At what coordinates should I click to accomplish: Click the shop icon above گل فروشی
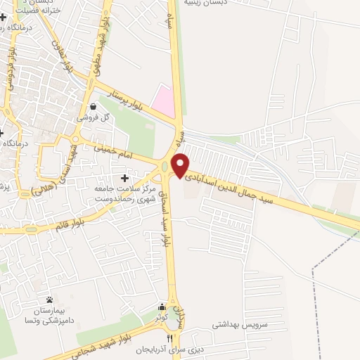coord(93,106)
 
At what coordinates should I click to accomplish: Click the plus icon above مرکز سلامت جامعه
coord(125,179)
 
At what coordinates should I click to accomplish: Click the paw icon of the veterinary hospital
coord(49,300)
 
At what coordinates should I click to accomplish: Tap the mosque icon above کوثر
coord(162,307)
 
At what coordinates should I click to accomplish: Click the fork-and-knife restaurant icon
coord(169,338)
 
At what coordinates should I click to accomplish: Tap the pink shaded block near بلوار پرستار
coord(163,101)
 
